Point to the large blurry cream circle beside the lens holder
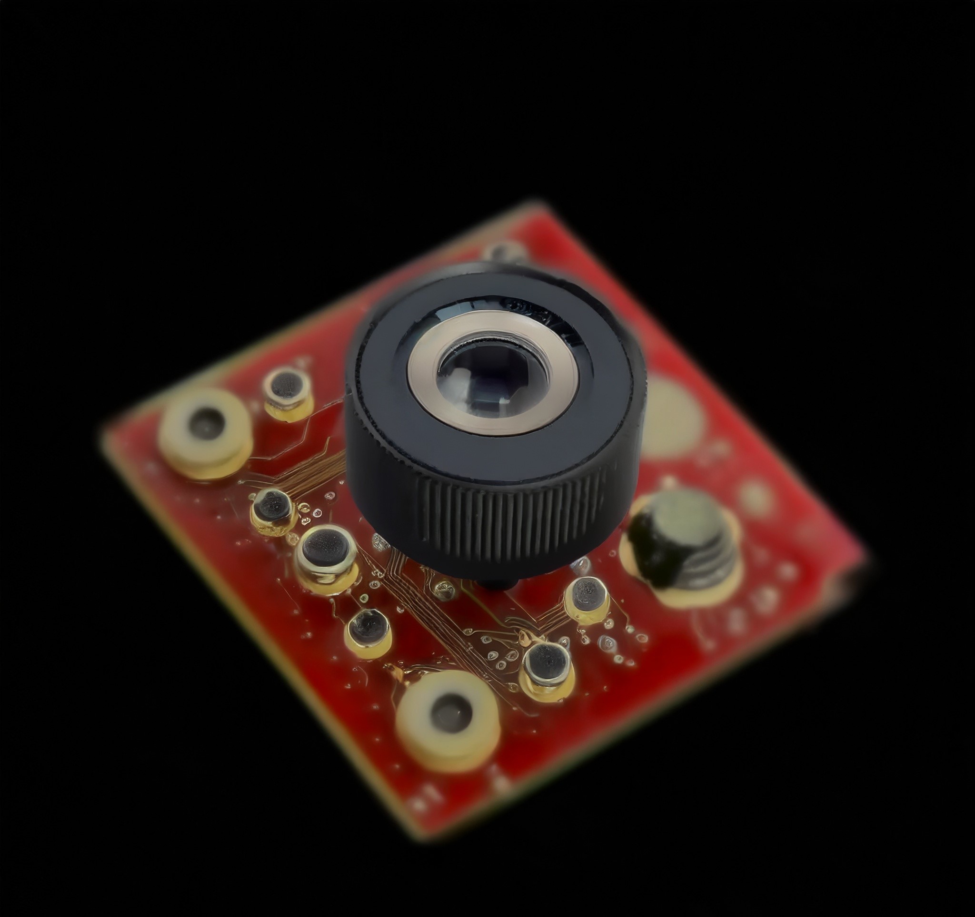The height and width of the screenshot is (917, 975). tap(674, 415)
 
